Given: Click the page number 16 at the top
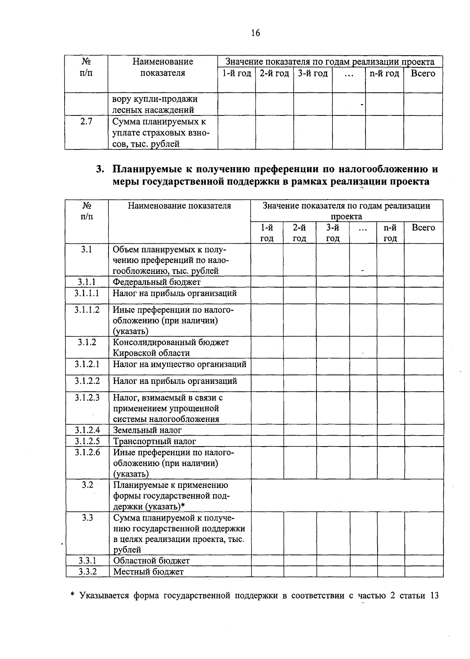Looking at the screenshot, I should coord(255,33).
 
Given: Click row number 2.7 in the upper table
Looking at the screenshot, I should coord(86,122).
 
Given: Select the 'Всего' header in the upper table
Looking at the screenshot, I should coord(423,74).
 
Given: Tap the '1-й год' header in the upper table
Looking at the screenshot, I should coord(237,74).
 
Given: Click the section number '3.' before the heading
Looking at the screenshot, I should coord(101,170).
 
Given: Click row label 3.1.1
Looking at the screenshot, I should coord(87,282).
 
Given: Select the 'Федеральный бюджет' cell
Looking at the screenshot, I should coord(157,282).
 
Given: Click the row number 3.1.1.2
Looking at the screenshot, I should coord(87,310).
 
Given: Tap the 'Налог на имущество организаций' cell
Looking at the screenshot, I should coord(179,364).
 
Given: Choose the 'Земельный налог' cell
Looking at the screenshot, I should coord(147,430).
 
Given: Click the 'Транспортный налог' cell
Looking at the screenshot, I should coord(154,441).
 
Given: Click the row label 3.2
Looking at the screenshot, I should coord(87,485).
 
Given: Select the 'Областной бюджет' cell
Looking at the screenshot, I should coord(151,561).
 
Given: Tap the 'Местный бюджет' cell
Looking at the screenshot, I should coord(148,572).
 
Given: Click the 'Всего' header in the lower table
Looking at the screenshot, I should coord(423,228).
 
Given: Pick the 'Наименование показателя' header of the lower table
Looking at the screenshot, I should coord(179,206).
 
